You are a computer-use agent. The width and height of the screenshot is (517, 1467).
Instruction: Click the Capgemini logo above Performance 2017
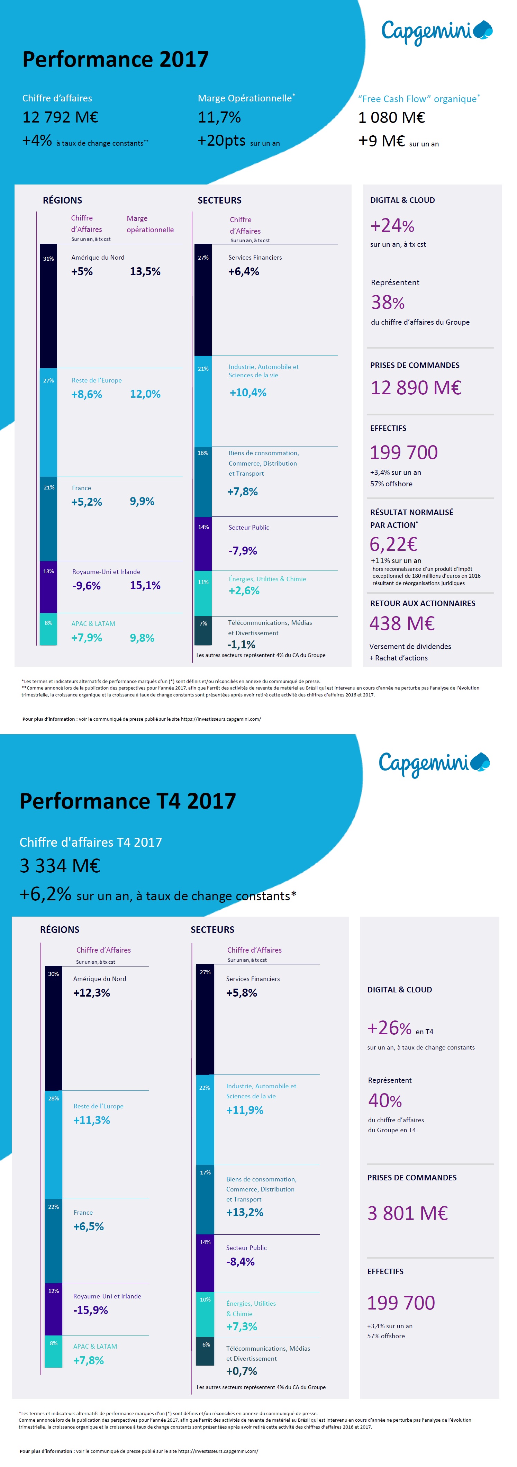point(436,31)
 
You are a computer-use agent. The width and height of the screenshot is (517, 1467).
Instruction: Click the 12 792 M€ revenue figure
point(60,117)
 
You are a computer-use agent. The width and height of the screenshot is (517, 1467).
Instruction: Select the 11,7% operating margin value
point(219,117)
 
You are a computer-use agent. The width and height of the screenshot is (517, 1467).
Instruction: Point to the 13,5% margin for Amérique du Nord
point(145,272)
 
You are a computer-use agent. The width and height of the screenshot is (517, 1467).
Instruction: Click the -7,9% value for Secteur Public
point(243,551)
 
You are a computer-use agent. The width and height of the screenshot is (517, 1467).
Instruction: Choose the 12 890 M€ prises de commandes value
point(416,388)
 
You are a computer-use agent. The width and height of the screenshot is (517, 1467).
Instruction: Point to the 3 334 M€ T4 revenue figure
point(60,866)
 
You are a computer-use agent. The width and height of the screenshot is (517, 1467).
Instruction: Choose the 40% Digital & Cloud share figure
point(385,1100)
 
